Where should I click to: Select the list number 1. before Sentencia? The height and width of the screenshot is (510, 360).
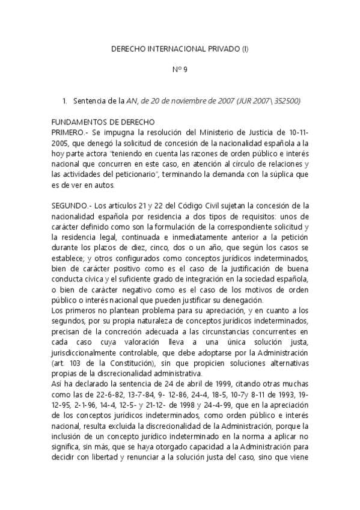[65, 100]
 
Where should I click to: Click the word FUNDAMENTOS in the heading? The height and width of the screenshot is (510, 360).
[82, 121]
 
